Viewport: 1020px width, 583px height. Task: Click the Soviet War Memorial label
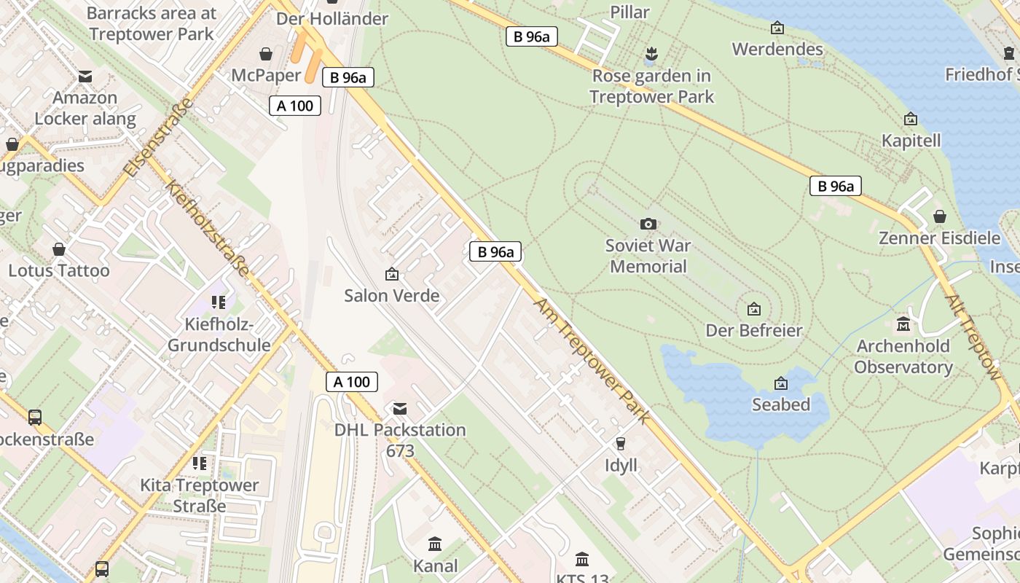click(x=648, y=256)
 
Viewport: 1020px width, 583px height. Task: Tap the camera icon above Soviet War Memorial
click(x=648, y=224)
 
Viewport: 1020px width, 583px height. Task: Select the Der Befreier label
click(x=754, y=330)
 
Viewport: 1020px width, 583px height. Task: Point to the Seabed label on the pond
click(x=781, y=404)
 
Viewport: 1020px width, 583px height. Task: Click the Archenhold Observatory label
click(x=903, y=356)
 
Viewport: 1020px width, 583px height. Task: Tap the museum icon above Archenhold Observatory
click(x=904, y=324)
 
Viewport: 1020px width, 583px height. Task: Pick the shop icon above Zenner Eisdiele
click(x=940, y=216)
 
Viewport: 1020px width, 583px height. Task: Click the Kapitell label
click(x=911, y=140)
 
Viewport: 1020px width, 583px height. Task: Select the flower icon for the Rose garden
click(x=651, y=53)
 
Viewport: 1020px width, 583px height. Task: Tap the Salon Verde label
click(x=392, y=295)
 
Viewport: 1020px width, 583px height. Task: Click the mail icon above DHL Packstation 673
click(x=400, y=408)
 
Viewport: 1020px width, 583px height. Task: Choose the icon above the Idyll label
click(x=621, y=443)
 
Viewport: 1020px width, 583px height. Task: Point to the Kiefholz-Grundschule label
click(x=219, y=334)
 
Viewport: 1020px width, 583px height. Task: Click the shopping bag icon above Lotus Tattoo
click(x=59, y=249)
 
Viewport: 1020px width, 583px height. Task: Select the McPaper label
click(x=266, y=75)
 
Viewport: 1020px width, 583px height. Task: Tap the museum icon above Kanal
click(x=436, y=544)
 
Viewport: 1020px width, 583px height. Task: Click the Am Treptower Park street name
click(x=592, y=359)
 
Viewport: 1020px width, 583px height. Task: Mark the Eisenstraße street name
click(x=159, y=137)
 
